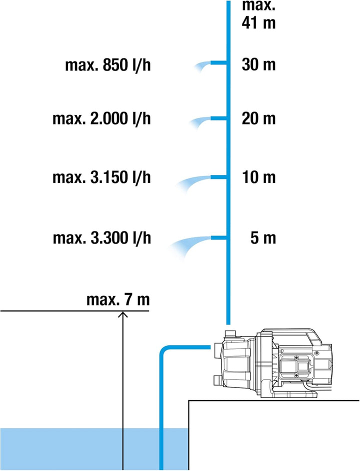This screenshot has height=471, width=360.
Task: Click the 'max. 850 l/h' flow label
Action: tap(108, 65)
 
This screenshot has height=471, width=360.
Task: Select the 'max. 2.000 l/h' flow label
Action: tap(101, 118)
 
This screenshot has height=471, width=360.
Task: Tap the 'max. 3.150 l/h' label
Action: tap(101, 177)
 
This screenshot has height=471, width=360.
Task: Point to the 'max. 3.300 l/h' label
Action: tap(102, 238)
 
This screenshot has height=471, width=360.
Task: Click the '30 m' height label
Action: tap(258, 64)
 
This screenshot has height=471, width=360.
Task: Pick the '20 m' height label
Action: tap(258, 118)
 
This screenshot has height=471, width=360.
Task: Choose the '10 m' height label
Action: tap(258, 177)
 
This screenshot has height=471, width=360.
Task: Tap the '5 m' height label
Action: tap(263, 238)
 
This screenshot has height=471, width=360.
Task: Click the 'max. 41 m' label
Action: tap(258, 14)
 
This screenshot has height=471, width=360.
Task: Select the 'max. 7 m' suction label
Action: tap(118, 299)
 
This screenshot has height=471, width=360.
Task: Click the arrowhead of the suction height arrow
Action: tap(123, 314)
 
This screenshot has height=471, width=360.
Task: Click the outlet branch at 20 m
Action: tap(218, 118)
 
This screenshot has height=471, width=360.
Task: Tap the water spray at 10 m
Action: tap(192, 182)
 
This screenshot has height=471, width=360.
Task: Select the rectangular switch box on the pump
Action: tap(296, 366)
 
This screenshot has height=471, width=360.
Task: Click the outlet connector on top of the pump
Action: tap(231, 334)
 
